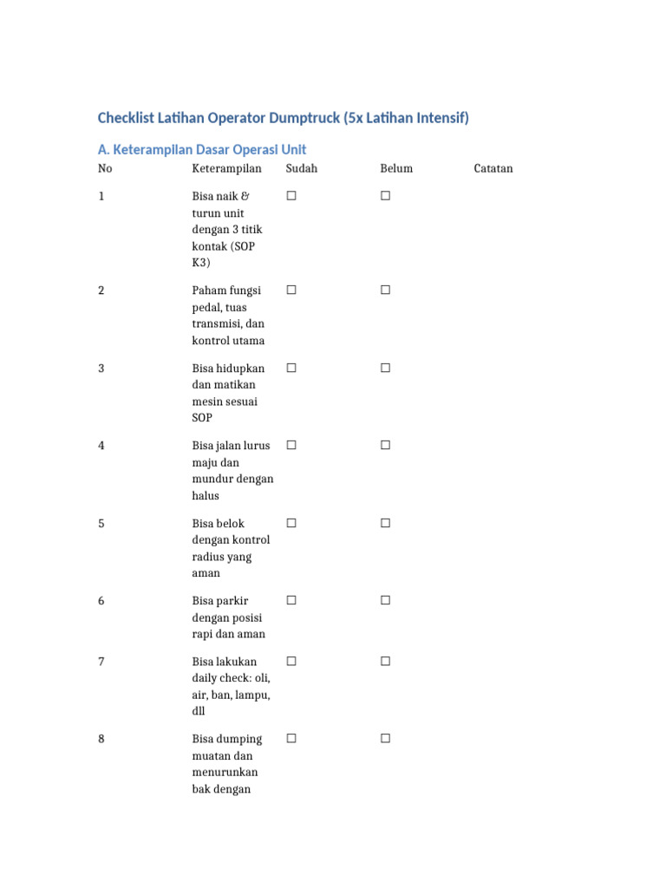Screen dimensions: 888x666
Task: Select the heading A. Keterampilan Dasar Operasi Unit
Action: [x=202, y=149]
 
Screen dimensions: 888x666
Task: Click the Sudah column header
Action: [x=302, y=168]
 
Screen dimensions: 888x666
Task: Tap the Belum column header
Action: [x=396, y=168]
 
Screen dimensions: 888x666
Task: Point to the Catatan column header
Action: [x=493, y=168]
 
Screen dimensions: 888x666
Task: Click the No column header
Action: [x=105, y=168]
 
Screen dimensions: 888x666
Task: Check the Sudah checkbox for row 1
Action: [x=291, y=196]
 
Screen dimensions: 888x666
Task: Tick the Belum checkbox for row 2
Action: [x=385, y=291]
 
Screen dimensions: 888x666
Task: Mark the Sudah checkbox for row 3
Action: [x=291, y=368]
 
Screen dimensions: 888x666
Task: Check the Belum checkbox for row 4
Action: [x=385, y=445]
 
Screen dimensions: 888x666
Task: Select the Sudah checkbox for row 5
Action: [x=291, y=523]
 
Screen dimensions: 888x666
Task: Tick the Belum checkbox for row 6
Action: [x=385, y=600]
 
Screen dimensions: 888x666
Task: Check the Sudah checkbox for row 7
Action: [x=291, y=661]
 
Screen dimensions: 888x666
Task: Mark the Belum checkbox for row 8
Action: [x=385, y=739]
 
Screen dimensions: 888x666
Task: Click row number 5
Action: [x=101, y=524]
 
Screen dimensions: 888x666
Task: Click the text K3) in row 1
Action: [x=201, y=263]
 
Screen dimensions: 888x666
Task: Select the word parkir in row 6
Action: [x=231, y=601]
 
